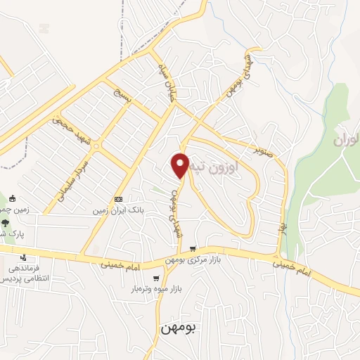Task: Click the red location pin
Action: (x=181, y=165)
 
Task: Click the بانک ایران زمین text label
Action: (x=117, y=210)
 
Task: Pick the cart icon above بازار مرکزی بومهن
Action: (x=192, y=249)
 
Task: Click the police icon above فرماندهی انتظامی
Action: (x=24, y=258)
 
